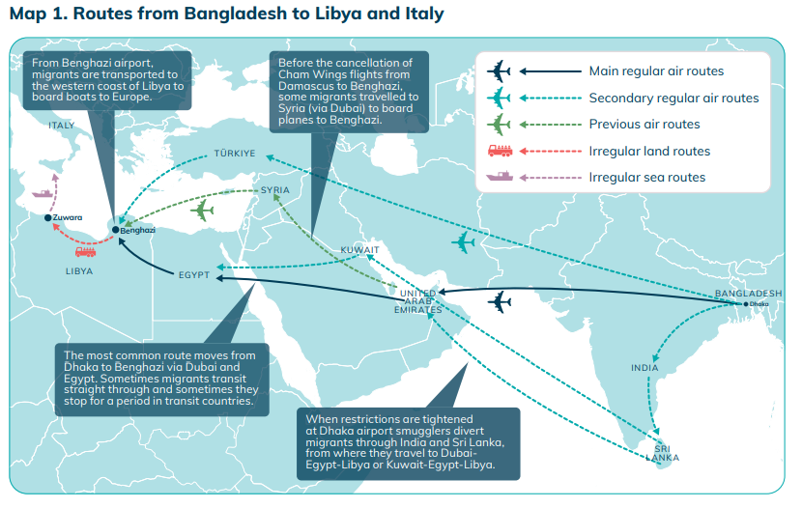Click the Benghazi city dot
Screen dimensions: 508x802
click(x=116, y=230)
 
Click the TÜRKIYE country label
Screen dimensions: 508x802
click(x=235, y=153)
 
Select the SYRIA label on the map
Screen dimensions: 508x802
click(x=275, y=190)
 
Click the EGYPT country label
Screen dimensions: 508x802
click(x=194, y=275)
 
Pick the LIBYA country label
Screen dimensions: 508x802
click(x=78, y=271)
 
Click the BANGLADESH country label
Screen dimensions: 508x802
click(x=748, y=293)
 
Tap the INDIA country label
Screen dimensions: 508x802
click(x=644, y=368)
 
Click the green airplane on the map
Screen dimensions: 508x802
click(x=204, y=210)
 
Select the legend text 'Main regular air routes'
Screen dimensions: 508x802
click(x=656, y=71)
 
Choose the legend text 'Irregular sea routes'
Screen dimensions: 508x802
click(x=647, y=177)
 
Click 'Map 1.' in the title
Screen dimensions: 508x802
click(x=35, y=14)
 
